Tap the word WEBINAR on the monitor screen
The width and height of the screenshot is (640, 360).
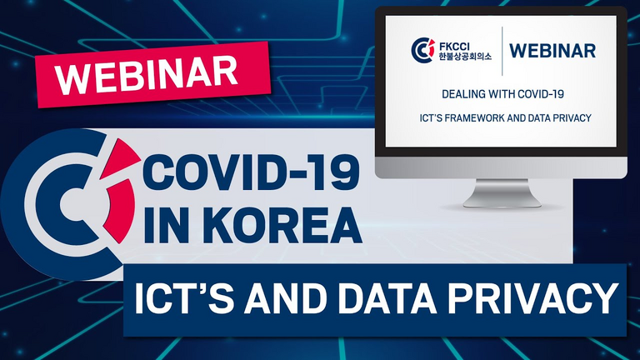click(x=552, y=51)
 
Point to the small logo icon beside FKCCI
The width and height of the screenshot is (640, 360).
click(x=422, y=50)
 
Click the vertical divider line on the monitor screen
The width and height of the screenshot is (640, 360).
click(x=502, y=51)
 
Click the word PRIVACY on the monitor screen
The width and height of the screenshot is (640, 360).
click(x=572, y=117)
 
